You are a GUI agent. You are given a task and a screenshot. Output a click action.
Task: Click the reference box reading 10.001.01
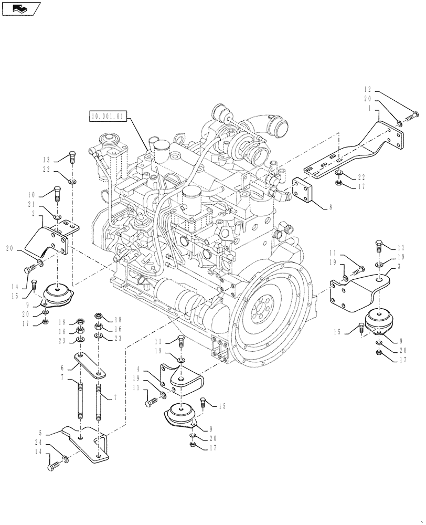[x=108, y=116]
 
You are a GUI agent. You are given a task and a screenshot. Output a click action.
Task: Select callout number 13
[x=47, y=160]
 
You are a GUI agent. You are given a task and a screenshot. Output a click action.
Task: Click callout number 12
[x=367, y=89]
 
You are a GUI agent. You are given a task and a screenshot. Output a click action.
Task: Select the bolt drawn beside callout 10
[x=58, y=194]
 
